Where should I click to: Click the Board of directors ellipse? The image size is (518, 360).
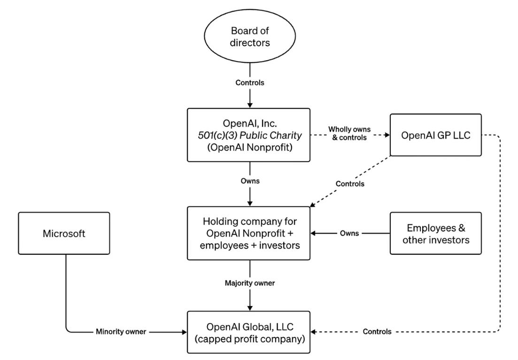(x=250, y=36)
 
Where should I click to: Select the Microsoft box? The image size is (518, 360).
(x=64, y=233)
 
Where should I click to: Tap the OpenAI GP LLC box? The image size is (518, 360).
(x=436, y=135)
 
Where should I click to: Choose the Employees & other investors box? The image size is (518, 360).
(x=436, y=233)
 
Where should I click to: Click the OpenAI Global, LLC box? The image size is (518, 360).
(x=249, y=332)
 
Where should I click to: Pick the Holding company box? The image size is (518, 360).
(x=249, y=233)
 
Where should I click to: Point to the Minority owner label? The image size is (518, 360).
(x=121, y=331)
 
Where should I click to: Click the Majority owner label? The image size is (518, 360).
(x=250, y=283)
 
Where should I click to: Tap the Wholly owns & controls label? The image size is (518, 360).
(x=349, y=133)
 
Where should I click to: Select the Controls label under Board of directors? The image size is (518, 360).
(x=250, y=83)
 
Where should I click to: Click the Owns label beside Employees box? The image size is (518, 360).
(x=349, y=233)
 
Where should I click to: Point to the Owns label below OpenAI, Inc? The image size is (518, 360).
(x=250, y=181)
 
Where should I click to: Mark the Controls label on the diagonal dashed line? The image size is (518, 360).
(x=350, y=184)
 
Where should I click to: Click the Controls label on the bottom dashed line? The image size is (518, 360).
(x=377, y=331)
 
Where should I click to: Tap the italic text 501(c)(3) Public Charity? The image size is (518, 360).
(x=250, y=136)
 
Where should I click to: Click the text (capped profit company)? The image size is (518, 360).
(x=250, y=339)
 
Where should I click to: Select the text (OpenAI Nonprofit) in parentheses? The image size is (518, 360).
(x=250, y=147)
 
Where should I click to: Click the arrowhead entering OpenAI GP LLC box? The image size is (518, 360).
(x=387, y=135)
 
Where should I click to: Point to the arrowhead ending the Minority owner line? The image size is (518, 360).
(x=184, y=332)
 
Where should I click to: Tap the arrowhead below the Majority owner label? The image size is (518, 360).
(x=250, y=308)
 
